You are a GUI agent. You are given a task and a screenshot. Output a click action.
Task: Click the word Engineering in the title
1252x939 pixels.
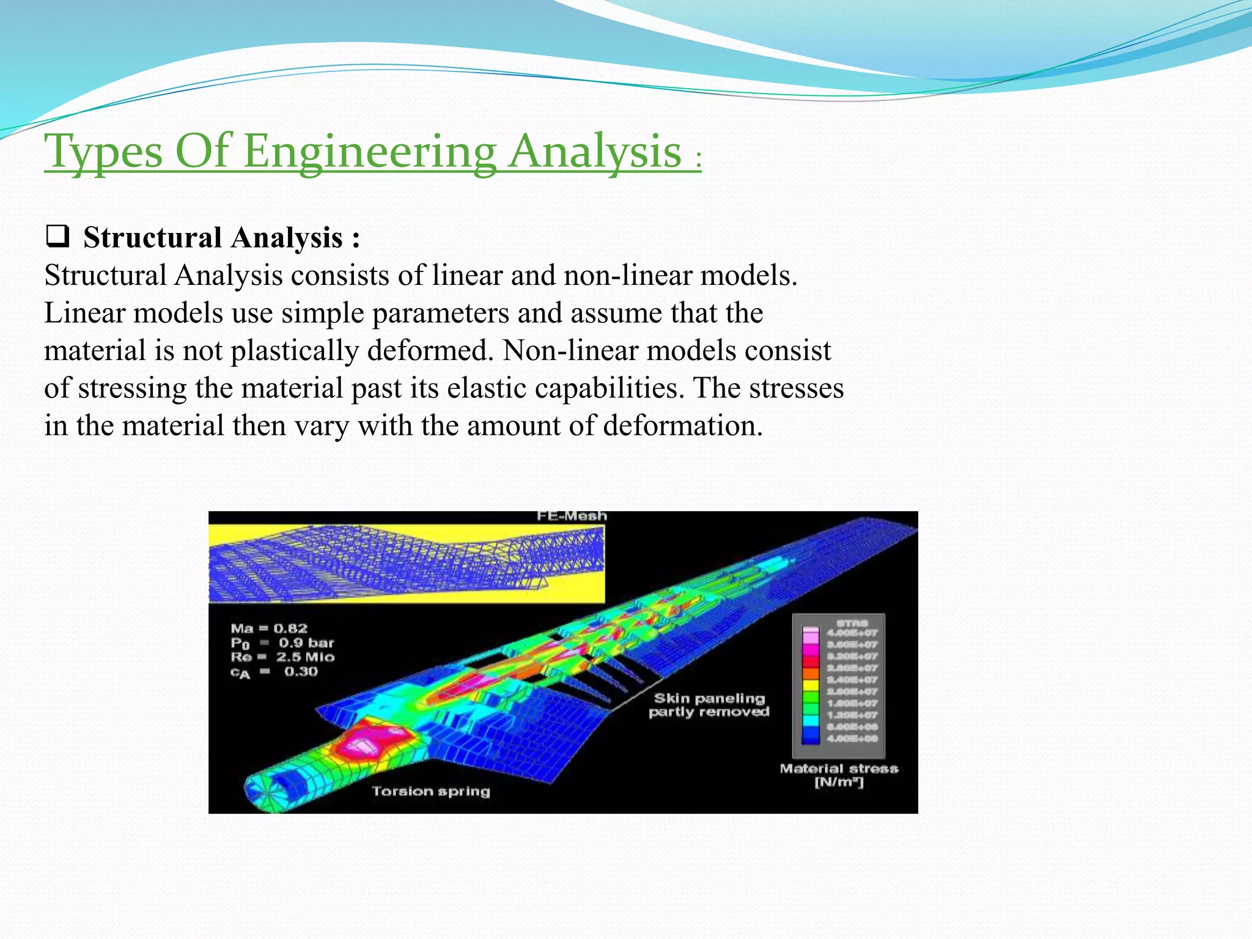click(369, 152)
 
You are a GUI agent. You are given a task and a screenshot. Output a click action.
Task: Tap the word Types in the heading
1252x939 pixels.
click(104, 152)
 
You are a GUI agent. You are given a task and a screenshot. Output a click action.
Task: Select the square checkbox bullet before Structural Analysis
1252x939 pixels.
click(57, 236)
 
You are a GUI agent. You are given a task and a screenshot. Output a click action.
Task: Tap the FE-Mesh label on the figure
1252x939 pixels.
click(572, 517)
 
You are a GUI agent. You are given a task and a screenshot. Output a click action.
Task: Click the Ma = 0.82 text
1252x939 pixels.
click(269, 628)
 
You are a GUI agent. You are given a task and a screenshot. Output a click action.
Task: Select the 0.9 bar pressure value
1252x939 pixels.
click(306, 643)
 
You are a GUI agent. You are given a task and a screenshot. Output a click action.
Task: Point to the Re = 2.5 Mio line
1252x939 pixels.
click(282, 657)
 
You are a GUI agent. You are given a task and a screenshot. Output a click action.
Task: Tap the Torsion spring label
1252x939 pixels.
click(431, 792)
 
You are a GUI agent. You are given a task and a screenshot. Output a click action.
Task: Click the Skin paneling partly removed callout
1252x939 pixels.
click(709, 705)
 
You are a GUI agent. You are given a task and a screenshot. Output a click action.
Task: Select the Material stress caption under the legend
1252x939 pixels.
click(839, 769)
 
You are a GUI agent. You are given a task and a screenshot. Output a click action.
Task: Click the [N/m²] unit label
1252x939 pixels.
click(839, 783)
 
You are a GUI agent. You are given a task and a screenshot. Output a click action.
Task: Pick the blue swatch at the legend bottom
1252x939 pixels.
click(810, 738)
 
